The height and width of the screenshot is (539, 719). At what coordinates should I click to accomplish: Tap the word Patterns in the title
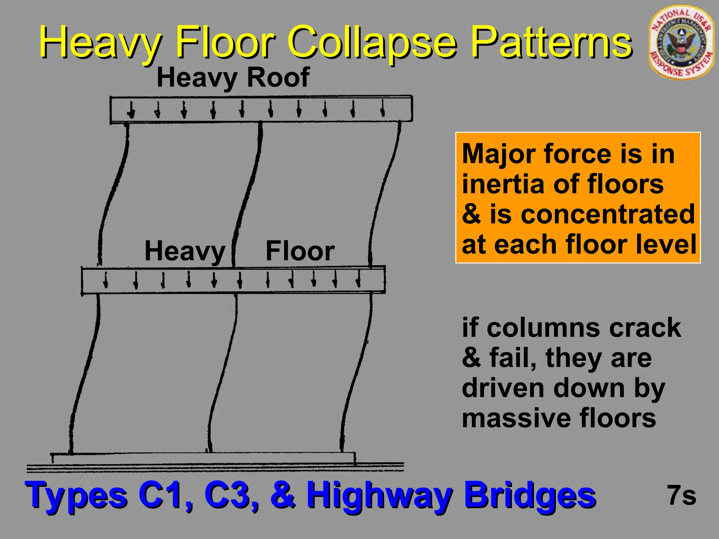tap(551, 43)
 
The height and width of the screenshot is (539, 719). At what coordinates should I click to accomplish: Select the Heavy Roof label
tap(233, 78)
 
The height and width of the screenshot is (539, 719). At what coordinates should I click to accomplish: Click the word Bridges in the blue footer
tap(530, 495)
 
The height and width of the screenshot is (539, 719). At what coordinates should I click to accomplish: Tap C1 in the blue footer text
tap(165, 495)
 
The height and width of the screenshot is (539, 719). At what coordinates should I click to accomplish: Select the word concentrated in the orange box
tap(608, 214)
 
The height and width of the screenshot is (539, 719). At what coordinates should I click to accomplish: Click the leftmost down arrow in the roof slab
tap(131, 110)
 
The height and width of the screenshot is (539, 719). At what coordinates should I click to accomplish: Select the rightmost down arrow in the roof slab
tap(383, 108)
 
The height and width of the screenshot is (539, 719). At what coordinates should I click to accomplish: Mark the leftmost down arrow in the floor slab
tap(105, 280)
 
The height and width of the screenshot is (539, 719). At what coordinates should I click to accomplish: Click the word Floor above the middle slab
tap(300, 251)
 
